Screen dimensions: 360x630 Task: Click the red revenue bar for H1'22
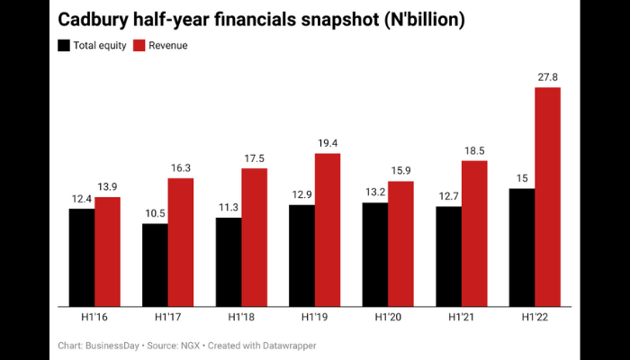point(547,196)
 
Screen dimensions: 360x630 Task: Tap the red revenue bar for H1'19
point(328,229)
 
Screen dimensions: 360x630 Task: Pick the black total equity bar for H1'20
point(375,254)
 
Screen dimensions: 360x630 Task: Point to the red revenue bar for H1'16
point(107,250)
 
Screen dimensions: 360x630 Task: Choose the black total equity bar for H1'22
point(522,247)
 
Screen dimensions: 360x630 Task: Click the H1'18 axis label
point(241,318)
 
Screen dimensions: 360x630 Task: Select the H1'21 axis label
point(462,318)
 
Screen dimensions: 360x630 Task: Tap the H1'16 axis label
point(94,318)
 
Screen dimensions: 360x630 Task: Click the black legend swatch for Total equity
point(63,45)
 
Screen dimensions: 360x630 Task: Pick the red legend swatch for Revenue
point(139,45)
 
